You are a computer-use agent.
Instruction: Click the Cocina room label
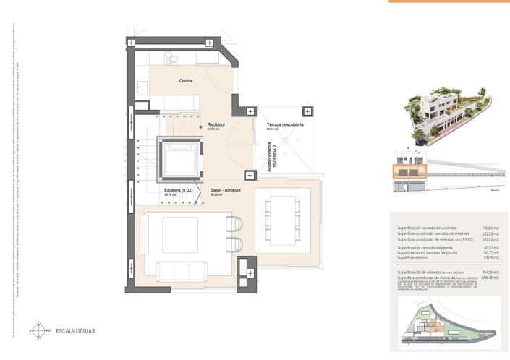click(x=186, y=80)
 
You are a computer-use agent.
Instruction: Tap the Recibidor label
click(x=216, y=124)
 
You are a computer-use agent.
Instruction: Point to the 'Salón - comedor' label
click(x=226, y=191)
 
